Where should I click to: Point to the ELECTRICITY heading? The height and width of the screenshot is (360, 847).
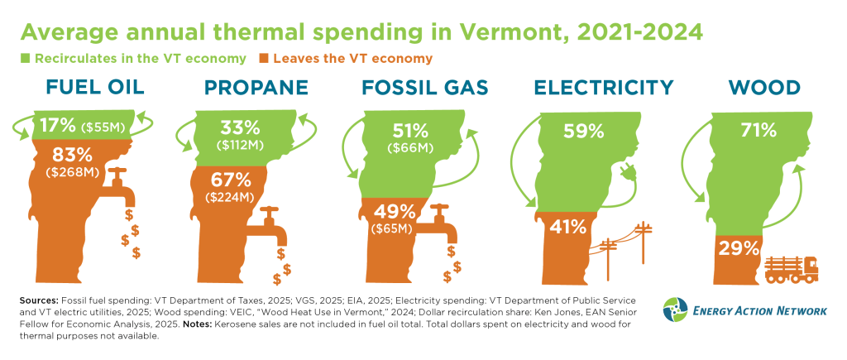click(603, 89)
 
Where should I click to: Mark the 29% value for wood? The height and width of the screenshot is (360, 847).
click(738, 247)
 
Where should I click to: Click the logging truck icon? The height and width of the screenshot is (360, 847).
click(792, 268)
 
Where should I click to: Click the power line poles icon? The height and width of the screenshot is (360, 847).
click(626, 250)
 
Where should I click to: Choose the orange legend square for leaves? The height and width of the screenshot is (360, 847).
click(265, 59)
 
